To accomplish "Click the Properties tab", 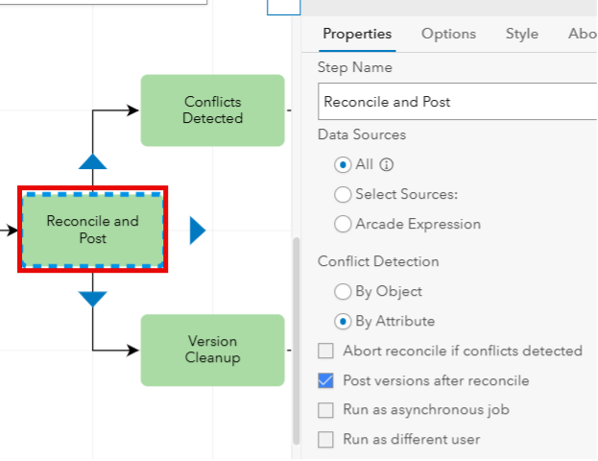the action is (357, 34).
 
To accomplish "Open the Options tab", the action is (448, 34).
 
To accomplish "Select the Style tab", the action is (522, 34).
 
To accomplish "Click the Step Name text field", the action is (458, 102).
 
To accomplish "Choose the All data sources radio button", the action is (343, 165).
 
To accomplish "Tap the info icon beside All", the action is (386, 165).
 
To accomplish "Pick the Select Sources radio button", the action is (343, 194).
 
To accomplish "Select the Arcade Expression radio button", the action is (343, 224).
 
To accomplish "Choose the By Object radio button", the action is (343, 292).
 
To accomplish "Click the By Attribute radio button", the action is (343, 322).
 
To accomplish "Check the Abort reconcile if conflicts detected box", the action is (325, 351).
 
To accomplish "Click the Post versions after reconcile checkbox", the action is (325, 380).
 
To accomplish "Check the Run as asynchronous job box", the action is (325, 410).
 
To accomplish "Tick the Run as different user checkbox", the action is (325, 439).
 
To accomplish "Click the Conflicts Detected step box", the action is (212, 110).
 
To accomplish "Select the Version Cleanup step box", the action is (212, 350).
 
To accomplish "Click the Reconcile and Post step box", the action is (93, 230).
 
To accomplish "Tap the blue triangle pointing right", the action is (197, 230).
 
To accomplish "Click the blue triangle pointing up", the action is (93, 162).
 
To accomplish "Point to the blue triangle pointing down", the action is (93, 299).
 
